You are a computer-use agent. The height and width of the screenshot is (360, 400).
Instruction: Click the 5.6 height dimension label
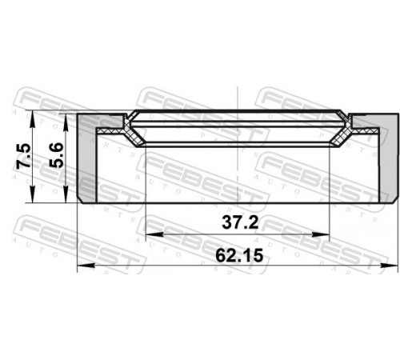point(57,155)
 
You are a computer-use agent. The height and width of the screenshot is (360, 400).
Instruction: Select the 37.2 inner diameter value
point(240,222)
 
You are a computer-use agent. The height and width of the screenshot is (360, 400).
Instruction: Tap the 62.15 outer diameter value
point(239,255)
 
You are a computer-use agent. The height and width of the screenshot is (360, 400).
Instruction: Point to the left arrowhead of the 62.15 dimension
point(86,266)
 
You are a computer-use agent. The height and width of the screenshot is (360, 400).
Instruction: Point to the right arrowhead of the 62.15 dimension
point(389,266)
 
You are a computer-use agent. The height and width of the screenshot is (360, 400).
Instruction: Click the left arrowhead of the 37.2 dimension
point(154,234)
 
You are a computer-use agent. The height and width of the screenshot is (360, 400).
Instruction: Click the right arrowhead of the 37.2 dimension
point(321,234)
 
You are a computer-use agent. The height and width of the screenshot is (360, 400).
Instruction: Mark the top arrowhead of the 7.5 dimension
point(32,119)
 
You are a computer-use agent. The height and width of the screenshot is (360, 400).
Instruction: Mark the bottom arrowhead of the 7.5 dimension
point(32,194)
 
